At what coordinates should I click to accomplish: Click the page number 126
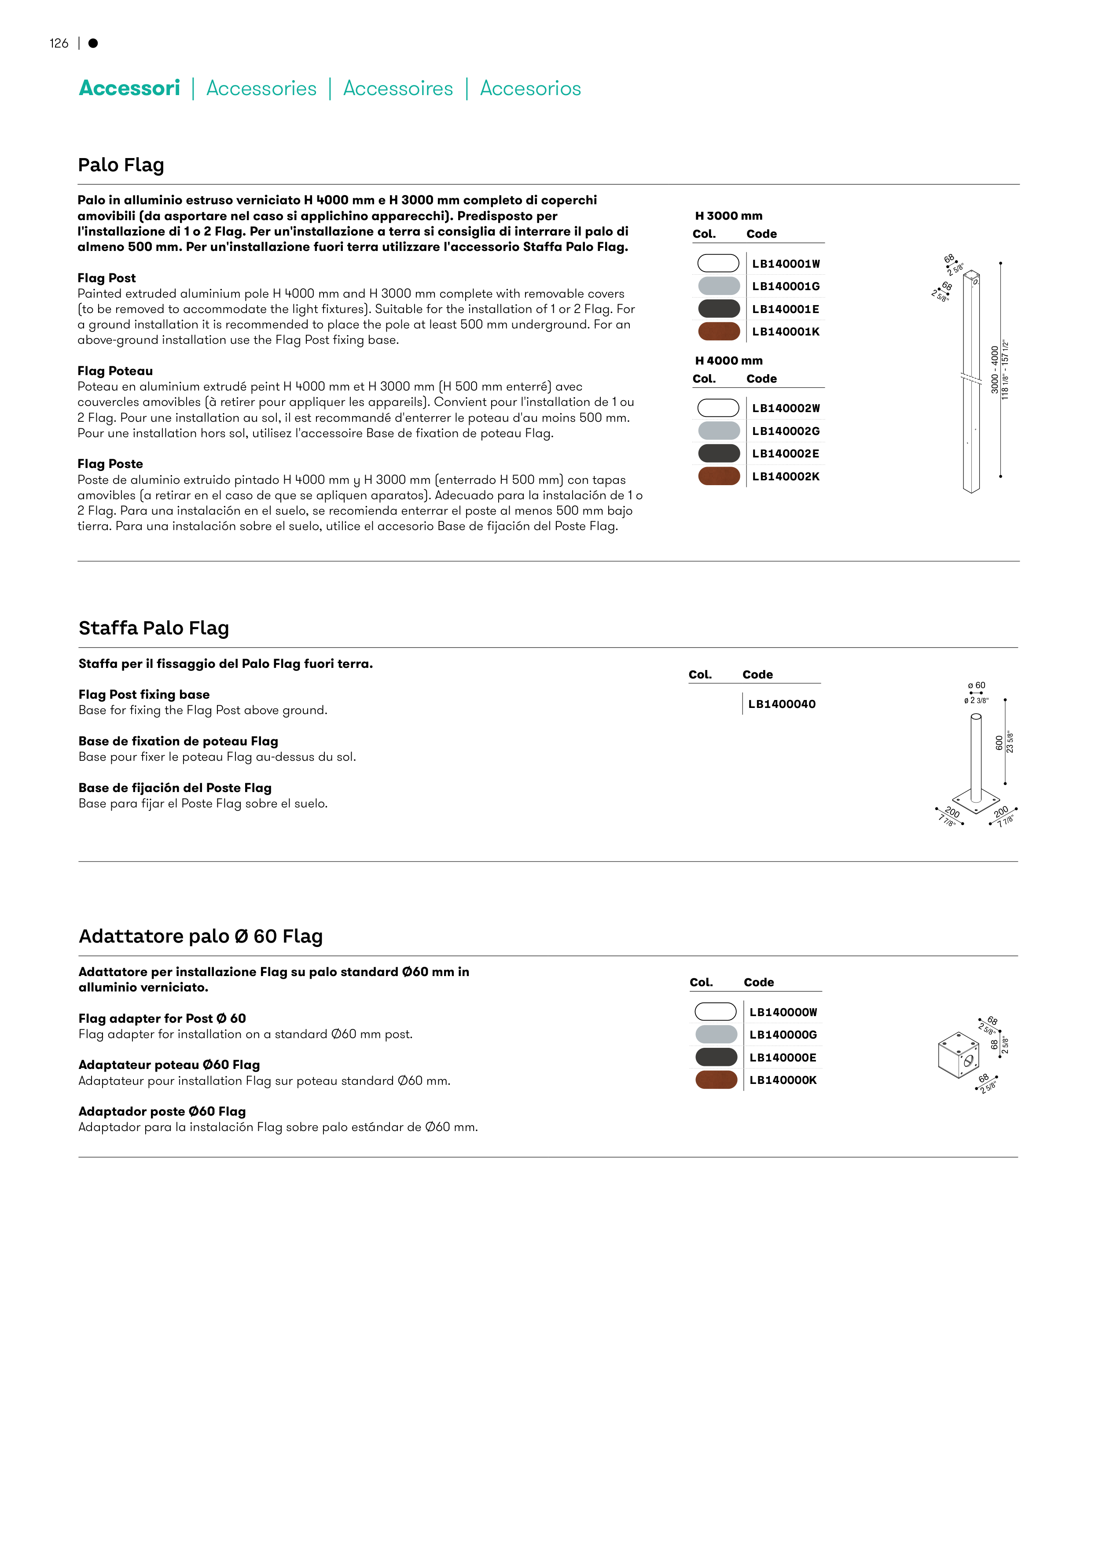coord(59,43)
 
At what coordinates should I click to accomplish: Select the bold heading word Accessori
coord(129,88)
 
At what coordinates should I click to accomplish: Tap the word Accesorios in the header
coord(530,89)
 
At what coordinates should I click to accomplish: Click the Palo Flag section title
coord(121,165)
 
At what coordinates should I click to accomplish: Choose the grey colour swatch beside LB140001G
coord(718,286)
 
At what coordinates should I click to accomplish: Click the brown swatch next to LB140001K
coord(718,331)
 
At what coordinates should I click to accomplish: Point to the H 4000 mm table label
coord(728,360)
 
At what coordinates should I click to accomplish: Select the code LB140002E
coord(786,454)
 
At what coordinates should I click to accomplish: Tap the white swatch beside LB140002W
coord(718,408)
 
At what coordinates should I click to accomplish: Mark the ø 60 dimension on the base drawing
coord(977,685)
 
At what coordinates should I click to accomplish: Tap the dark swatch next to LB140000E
coord(716,1057)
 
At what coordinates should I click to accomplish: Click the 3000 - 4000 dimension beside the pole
coord(994,370)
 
